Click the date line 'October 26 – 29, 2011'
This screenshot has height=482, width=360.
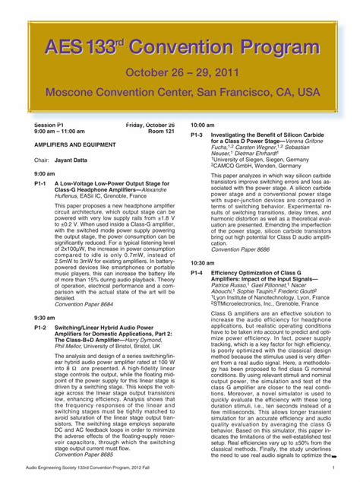point(180,73)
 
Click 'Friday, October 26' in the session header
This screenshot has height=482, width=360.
point(150,124)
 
